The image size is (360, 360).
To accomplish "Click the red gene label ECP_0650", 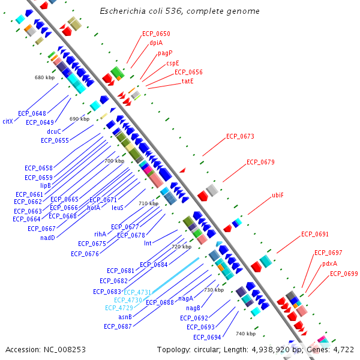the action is pyautogui.click(x=156, y=34).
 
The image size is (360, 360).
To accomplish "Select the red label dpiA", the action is pyautogui.click(x=156, y=43).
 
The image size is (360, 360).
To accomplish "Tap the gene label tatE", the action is pyautogui.click(x=188, y=81).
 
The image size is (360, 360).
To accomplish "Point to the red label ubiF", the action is pyautogui.click(x=278, y=195).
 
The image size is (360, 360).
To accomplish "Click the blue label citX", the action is pyautogui.click(x=8, y=121).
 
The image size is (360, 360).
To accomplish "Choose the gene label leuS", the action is pyautogui.click(x=118, y=208).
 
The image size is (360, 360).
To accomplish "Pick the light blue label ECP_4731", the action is pyautogui.click(x=137, y=292).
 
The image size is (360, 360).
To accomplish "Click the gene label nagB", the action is pyautogui.click(x=193, y=308).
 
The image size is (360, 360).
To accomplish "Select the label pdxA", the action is pyautogui.click(x=329, y=263).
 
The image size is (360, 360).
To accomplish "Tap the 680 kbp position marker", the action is pyautogui.click(x=45, y=77).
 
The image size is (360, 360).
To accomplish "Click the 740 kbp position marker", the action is pyautogui.click(x=245, y=334).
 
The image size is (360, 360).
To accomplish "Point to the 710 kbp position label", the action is pyautogui.click(x=149, y=203).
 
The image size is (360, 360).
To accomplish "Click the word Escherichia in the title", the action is pyautogui.click(x=122, y=11).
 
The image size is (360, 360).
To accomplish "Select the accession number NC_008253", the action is pyautogui.click(x=65, y=350).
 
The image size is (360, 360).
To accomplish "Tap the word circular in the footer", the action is pyautogui.click(x=207, y=350).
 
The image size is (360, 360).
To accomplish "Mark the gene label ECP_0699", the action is pyautogui.click(x=344, y=274).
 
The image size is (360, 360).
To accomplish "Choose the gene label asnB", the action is pyautogui.click(x=125, y=317).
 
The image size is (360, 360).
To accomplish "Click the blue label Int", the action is pyautogui.click(x=148, y=243).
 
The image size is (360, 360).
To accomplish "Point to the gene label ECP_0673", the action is pyautogui.click(x=240, y=136).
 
